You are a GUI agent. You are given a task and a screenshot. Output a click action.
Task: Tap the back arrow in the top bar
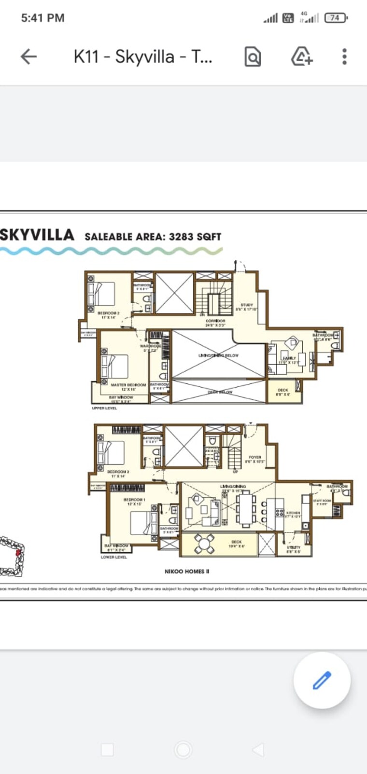pyautogui.click(x=28, y=57)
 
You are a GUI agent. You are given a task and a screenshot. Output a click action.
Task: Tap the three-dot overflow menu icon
pyautogui.click(x=344, y=57)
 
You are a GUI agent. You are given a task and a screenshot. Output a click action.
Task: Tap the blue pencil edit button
pyautogui.click(x=322, y=680)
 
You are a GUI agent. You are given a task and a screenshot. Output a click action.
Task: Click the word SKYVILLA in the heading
pyautogui.click(x=37, y=235)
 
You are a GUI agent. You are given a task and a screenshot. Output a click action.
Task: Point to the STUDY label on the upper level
pyautogui.click(x=247, y=305)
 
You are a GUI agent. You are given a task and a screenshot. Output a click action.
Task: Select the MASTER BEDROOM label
pyautogui.click(x=128, y=385)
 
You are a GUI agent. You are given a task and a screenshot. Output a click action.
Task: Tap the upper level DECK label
pyautogui.click(x=283, y=390)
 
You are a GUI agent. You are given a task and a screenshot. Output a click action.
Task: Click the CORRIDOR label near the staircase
pyautogui.click(x=215, y=321)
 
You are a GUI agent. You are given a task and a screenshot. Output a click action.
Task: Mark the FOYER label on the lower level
pyautogui.click(x=255, y=457)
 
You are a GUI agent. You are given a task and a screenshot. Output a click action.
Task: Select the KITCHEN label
pyautogui.click(x=293, y=513)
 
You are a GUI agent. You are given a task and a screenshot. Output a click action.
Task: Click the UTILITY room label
pyautogui.click(x=293, y=547)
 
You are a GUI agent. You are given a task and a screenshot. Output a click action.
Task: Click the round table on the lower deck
pyautogui.click(x=205, y=544)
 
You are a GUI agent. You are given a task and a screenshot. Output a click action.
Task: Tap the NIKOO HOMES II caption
pyautogui.click(x=187, y=571)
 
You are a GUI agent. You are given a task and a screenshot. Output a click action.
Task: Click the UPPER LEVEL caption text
pyautogui.click(x=104, y=408)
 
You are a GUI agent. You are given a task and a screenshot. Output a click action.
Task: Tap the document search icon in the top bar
pyautogui.click(x=252, y=57)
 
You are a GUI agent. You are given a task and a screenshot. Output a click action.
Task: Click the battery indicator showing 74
pyautogui.click(x=336, y=18)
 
